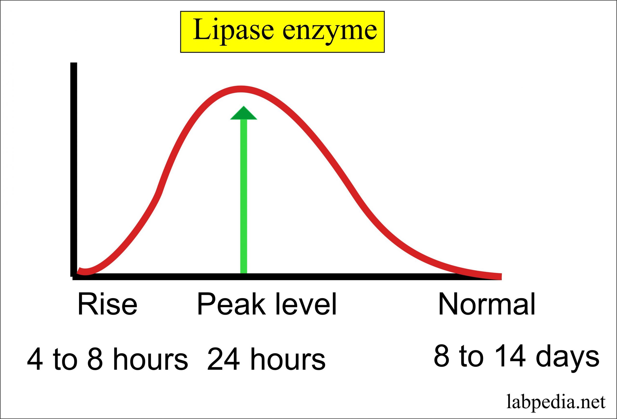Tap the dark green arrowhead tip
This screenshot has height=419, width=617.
pyautogui.click(x=243, y=113)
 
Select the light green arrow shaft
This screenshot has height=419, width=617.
pyautogui.click(x=243, y=197)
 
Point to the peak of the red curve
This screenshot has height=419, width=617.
pyautogui.click(x=241, y=89)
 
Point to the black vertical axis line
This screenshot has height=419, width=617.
pyautogui.click(x=74, y=170)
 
